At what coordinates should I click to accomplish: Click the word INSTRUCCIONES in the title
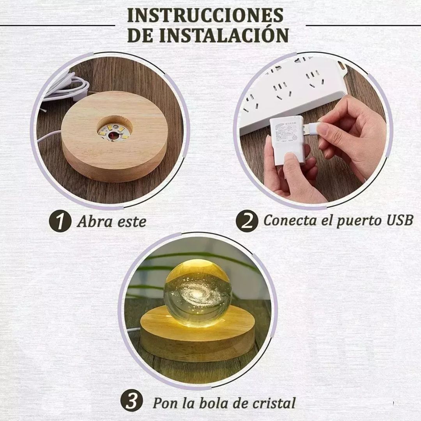pos(205,16)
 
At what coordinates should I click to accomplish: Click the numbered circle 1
pos(60,222)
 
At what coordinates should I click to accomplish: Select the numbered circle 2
pos(247,221)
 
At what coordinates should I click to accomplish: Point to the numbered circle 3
pos(131,402)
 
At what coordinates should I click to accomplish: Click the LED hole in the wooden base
pos(114,130)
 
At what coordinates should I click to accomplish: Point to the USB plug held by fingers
pos(312,128)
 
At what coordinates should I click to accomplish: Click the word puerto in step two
pos(353,221)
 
